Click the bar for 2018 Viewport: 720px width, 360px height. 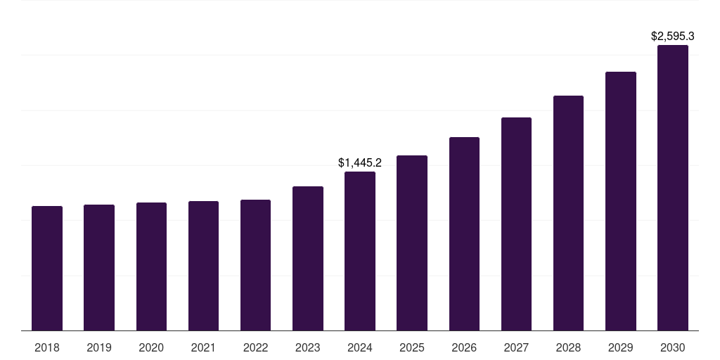tap(47, 268)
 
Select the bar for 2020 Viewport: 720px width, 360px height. tap(151, 266)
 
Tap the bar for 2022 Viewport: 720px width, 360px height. tap(255, 265)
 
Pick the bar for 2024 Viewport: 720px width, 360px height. tap(360, 251)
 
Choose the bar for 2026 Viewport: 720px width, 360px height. tap(464, 233)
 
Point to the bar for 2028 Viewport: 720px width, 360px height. tap(568, 213)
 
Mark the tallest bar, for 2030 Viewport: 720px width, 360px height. tap(673, 188)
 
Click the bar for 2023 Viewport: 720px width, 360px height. tap(308, 258)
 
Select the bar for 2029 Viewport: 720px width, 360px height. tap(621, 201)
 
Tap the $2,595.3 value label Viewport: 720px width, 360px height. tap(673, 36)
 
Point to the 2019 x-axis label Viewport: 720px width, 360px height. tap(99, 347)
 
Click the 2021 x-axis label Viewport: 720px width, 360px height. tap(203, 347)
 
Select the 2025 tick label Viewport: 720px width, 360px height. tap(412, 347)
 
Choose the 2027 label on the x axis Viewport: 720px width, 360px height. tap(516, 347)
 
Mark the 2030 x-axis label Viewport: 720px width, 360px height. tap(673, 347)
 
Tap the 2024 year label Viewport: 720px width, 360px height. tap(360, 347)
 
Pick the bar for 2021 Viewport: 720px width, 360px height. tap(203, 266)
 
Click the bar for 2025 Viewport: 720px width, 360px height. tap(412, 243)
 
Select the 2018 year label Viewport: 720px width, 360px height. tap(47, 347)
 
